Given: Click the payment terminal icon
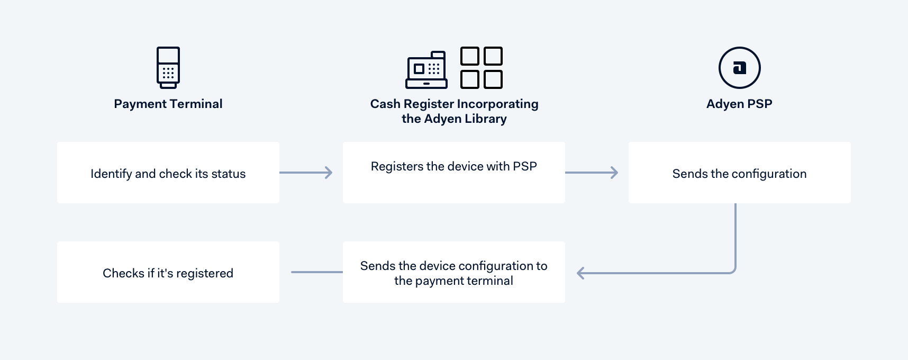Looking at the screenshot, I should point(168,67).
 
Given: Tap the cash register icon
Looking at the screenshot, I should point(426,69).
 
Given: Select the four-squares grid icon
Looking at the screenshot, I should point(482,68).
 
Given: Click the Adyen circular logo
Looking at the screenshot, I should point(739,68).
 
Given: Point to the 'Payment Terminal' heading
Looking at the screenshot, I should point(168,104).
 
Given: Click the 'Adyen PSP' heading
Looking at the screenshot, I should point(739,104).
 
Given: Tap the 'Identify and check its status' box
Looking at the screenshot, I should point(168,173).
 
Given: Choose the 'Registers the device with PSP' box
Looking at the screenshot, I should point(454,173).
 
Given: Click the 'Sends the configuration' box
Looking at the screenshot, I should point(739,173).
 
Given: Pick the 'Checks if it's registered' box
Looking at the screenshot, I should point(168,272).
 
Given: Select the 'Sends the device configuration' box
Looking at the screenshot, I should point(454,272).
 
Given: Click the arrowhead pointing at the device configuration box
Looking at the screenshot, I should point(580,273).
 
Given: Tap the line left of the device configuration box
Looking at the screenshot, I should point(316,272).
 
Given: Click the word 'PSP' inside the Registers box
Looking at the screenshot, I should point(525,166).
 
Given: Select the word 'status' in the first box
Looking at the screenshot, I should point(229,174).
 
